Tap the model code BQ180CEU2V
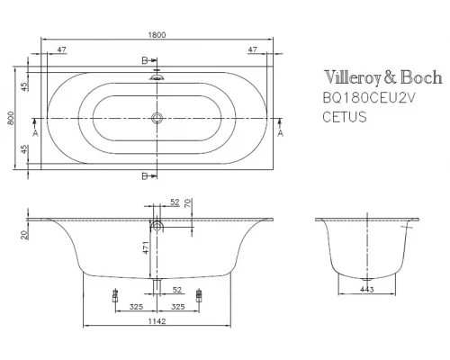tap(366, 99)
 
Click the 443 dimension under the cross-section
tap(366, 289)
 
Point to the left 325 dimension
tap(134, 307)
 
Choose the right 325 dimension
tap(179, 307)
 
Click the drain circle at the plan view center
tap(157, 116)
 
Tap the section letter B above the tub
tap(145, 59)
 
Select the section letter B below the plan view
tap(145, 175)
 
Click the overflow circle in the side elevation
tap(157, 225)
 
